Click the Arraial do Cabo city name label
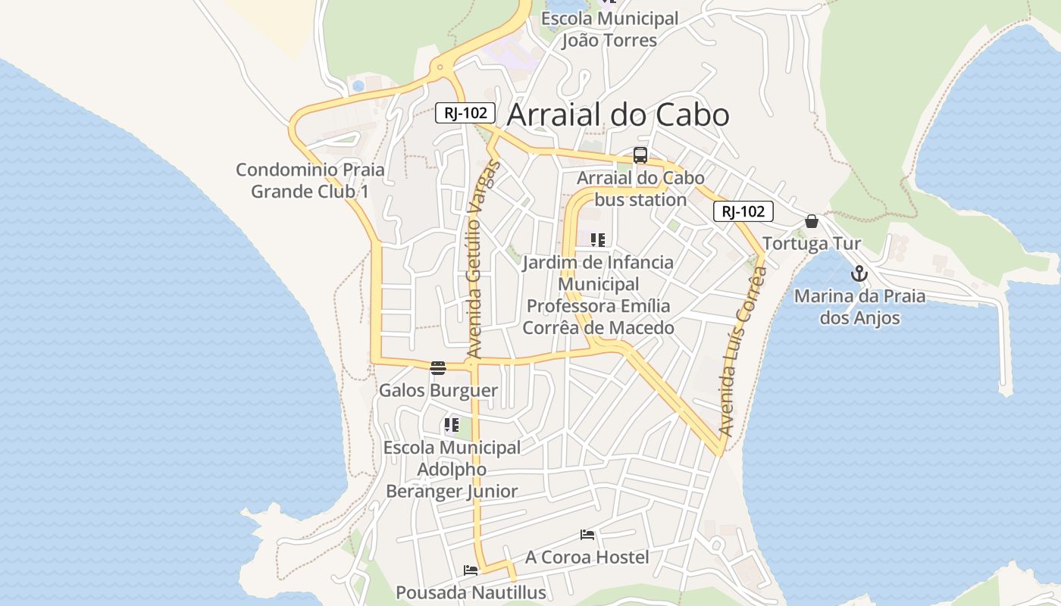tap(618, 114)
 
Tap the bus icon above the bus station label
tap(640, 155)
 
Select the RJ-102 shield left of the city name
tap(465, 114)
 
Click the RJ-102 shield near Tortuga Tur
tap(743, 211)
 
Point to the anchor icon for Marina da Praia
tap(859, 273)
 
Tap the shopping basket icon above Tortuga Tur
tap(812, 221)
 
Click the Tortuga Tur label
tap(811, 243)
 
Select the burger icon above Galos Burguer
tap(438, 368)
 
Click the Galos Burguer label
tap(438, 391)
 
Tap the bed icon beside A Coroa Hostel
tap(587, 535)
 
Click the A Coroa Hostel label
tap(587, 558)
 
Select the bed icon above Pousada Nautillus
tap(471, 570)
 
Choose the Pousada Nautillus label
tap(471, 592)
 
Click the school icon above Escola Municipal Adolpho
tap(452, 425)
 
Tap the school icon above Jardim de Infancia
tap(598, 240)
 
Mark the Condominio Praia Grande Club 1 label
tap(310, 180)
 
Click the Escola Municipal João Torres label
tap(609, 29)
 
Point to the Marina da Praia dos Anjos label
tap(859, 307)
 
